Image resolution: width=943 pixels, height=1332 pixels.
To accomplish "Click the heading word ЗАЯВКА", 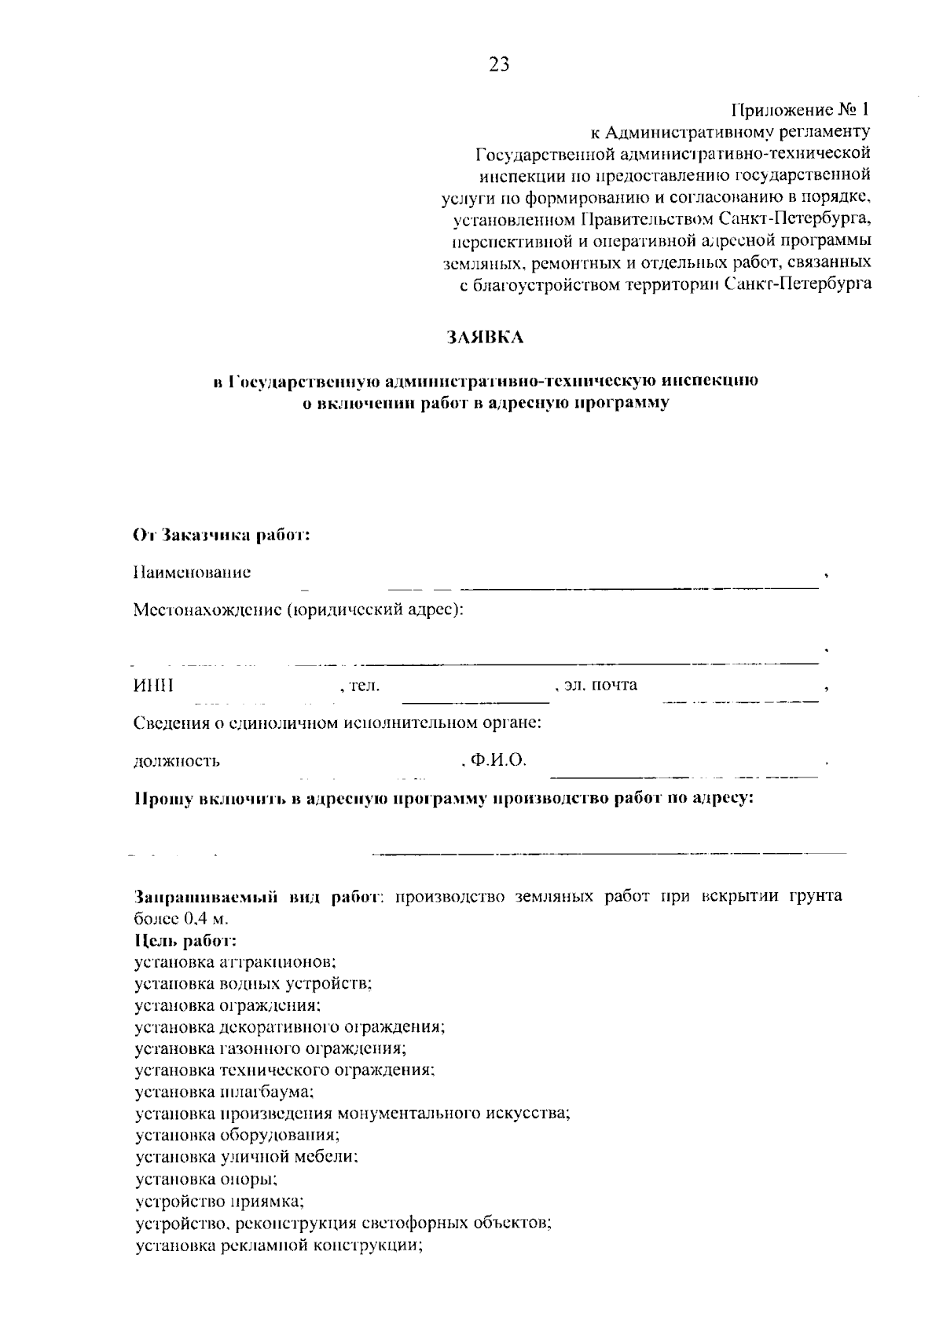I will click(x=485, y=338).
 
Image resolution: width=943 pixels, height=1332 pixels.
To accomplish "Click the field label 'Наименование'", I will click(x=193, y=573).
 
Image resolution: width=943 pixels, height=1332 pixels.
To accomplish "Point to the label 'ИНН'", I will click(x=153, y=686).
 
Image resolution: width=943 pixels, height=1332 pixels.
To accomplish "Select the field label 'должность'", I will click(x=177, y=761).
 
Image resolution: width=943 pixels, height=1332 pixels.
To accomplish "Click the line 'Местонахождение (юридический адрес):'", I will click(x=298, y=610).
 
